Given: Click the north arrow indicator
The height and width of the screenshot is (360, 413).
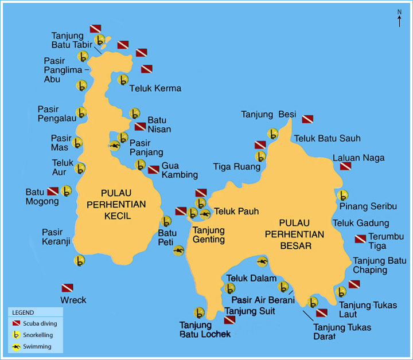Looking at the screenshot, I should pos(399,18).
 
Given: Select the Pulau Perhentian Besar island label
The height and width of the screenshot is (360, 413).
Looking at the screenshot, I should pos(294,234).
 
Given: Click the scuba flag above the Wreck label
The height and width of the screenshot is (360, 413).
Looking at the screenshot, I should pos(68,287).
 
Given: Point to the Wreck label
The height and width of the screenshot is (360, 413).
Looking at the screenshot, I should pos(73,300).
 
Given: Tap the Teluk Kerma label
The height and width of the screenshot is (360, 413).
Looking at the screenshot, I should pos(155,88).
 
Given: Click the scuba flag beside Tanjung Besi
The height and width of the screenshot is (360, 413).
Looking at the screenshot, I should pos(307,119).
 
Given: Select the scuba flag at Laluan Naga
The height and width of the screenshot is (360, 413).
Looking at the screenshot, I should pos(345,166).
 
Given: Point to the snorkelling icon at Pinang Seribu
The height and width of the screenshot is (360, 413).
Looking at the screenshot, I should pos(342,195).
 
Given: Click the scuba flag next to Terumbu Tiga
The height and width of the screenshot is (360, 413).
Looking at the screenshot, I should pos(360,238).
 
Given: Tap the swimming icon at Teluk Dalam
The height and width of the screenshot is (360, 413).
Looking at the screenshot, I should pos(263,262).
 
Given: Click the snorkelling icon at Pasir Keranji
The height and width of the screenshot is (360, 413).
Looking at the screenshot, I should pos(80,260).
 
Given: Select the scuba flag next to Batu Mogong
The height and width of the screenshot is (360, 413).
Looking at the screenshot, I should pos(53,191).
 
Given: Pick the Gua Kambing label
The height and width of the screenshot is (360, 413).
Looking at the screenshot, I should pos(180,170).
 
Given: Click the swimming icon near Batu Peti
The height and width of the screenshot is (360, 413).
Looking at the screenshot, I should pos(178,250).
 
